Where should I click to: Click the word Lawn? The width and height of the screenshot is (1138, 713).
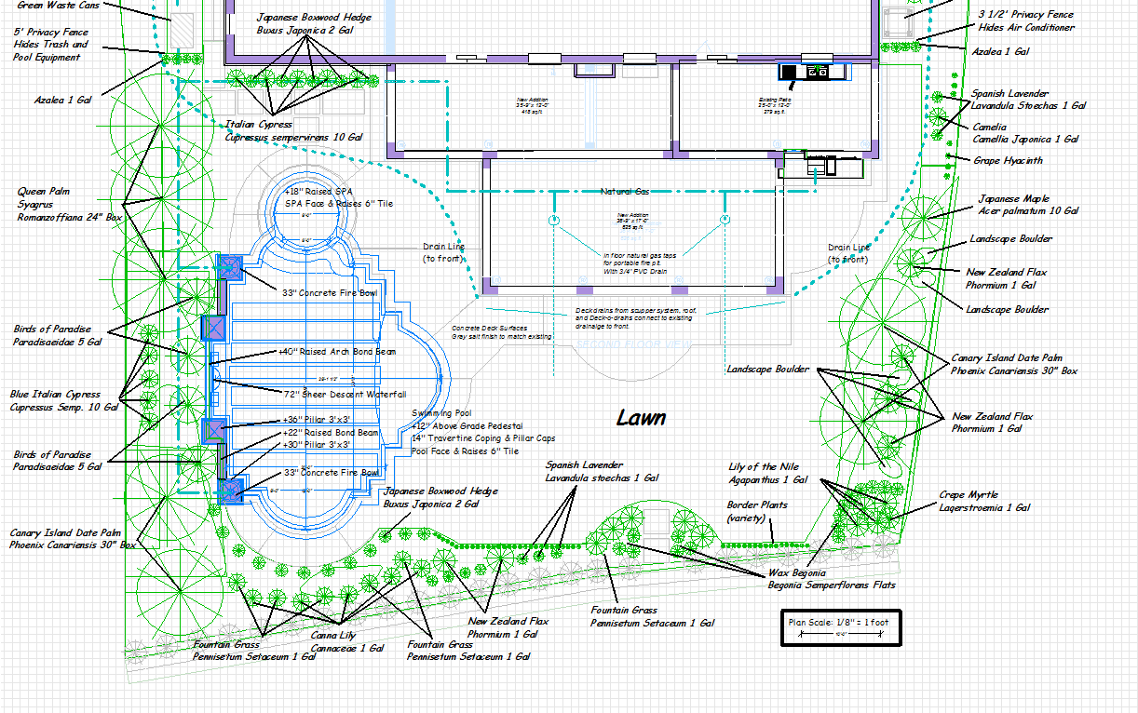click(x=641, y=418)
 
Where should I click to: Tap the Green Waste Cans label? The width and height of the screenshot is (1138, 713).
click(x=57, y=5)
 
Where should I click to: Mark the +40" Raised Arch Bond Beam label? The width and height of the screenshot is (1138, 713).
click(x=336, y=352)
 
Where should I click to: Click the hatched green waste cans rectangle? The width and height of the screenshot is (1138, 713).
click(x=183, y=31)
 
